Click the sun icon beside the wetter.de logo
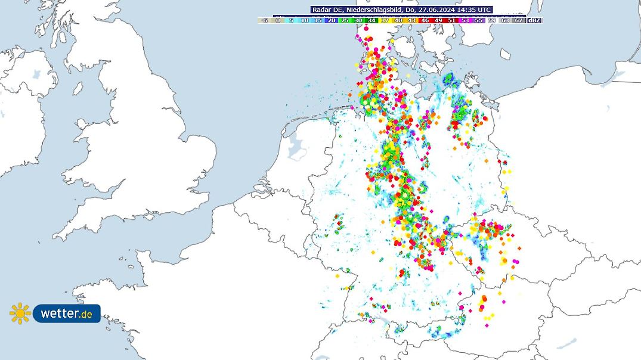pyautogui.click(x=20, y=313)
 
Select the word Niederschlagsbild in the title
pyautogui.click(x=378, y=10)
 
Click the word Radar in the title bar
pyautogui.click(x=321, y=10)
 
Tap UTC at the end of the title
pyautogui.click(x=484, y=10)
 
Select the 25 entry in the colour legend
pyautogui.click(x=345, y=20)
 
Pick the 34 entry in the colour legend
pyautogui.click(x=371, y=20)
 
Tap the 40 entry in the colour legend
pyautogui.click(x=398, y=20)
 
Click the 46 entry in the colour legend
pyautogui.click(x=425, y=20)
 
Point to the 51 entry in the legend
pyautogui.click(x=451, y=20)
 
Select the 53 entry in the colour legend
pyautogui.click(x=465, y=20)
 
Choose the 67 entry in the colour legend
pyautogui.click(x=519, y=20)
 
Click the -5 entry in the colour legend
pyautogui.click(x=264, y=20)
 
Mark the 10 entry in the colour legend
pyautogui.click(x=305, y=20)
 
